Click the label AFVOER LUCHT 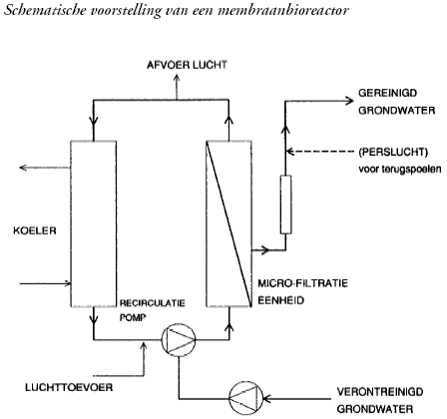[x=187, y=65]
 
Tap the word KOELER [x=35, y=230]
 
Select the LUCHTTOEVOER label [x=69, y=387]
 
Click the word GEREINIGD [x=388, y=93]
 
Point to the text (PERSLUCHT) [x=393, y=152]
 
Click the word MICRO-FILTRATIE [x=303, y=283]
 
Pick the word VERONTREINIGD [x=380, y=391]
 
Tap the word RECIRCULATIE [x=153, y=303]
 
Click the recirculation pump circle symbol [x=179, y=339]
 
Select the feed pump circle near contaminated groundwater [x=245, y=398]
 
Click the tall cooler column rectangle [x=94, y=223]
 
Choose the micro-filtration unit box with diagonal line [x=228, y=223]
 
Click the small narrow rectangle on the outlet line [x=285, y=205]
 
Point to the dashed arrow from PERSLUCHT [x=320, y=152]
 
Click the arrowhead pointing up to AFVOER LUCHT [x=177, y=77]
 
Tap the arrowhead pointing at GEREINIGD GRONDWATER [x=350, y=101]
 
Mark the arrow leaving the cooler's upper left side [x=45, y=168]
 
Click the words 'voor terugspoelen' [x=400, y=170]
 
